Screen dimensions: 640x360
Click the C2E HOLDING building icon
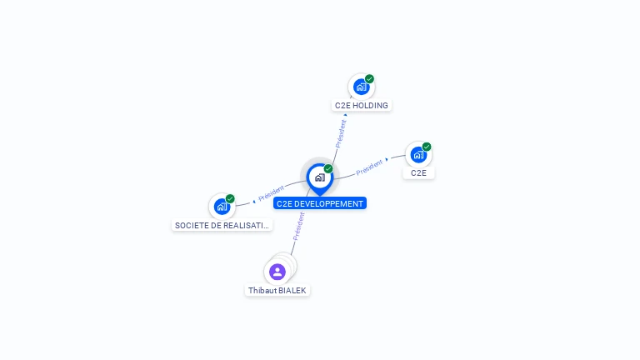(x=361, y=87)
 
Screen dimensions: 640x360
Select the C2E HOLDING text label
(x=362, y=106)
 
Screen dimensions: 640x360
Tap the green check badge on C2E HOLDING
(x=369, y=79)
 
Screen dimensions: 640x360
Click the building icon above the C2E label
(x=418, y=154)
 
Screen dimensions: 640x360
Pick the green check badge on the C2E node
(x=427, y=147)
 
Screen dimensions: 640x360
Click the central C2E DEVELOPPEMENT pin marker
(x=319, y=177)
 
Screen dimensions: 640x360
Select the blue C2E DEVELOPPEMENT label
(x=320, y=203)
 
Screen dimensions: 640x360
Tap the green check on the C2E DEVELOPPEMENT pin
(x=328, y=169)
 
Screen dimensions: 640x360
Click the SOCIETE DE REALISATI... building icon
(x=222, y=206)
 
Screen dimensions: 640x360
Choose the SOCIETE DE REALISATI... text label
(x=222, y=225)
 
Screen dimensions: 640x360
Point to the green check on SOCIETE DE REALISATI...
(x=230, y=198)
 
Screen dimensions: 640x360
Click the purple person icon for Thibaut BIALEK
(x=277, y=272)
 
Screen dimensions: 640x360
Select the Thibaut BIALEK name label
(x=277, y=291)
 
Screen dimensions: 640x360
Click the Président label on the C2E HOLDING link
(x=340, y=133)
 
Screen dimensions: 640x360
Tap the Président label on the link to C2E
(x=368, y=167)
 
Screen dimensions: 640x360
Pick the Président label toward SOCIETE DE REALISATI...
(x=272, y=193)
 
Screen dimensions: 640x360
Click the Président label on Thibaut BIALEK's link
(x=298, y=226)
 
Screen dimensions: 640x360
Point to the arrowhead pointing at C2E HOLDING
(x=346, y=115)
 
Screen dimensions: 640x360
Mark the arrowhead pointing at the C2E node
(x=387, y=159)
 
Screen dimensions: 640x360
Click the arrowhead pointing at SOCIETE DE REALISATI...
(x=254, y=201)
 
